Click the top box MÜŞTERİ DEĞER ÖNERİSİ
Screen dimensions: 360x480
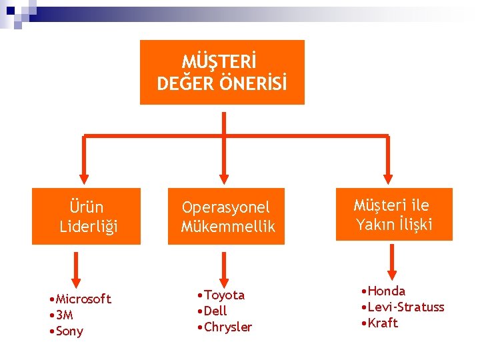[x=222, y=72]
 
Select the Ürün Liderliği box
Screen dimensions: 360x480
[x=86, y=217]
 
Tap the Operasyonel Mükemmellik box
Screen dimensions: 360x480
[x=226, y=217]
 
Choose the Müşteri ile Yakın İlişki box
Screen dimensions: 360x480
[x=394, y=214]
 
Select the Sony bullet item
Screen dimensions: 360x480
[x=66, y=331]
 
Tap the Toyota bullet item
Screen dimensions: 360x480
[x=224, y=295]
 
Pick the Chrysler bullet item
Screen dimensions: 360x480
[x=227, y=327]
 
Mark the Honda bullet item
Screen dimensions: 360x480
[x=386, y=291]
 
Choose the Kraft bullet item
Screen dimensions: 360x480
[x=382, y=323]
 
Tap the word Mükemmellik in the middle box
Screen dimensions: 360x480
[x=228, y=227]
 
